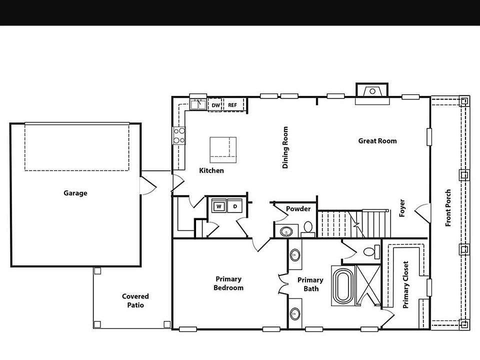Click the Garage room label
click(75, 193)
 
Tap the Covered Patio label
click(135, 300)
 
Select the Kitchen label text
click(211, 170)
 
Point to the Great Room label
click(377, 141)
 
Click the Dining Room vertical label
click(285, 147)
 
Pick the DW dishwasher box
click(215, 105)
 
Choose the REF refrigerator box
click(232, 105)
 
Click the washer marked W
click(219, 206)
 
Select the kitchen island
click(223, 149)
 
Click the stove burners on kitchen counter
click(179, 135)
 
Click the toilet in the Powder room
click(307, 228)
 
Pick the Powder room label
click(298, 209)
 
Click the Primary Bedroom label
click(228, 283)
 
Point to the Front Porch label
click(448, 207)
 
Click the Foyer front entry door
click(424, 212)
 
